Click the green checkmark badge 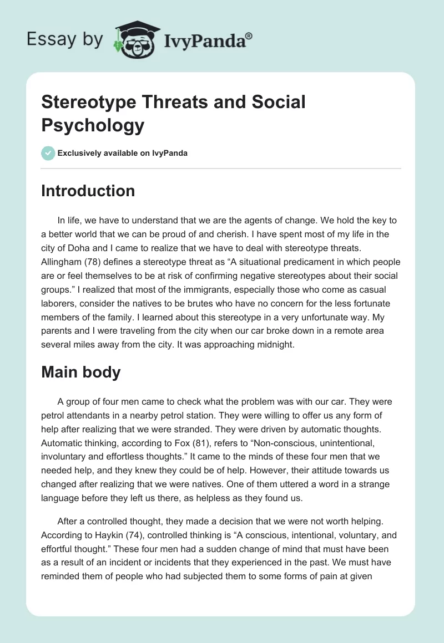(x=48, y=153)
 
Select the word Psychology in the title (x=93, y=125)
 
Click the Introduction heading (x=88, y=191)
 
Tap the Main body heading (x=80, y=372)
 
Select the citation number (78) (x=102, y=262)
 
